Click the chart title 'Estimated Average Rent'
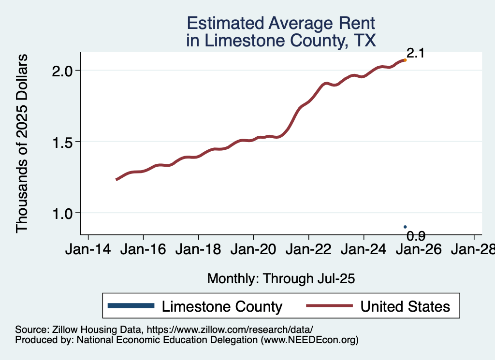281,23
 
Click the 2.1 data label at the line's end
415,53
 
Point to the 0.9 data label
416,236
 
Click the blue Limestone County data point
405,227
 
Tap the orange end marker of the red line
405,60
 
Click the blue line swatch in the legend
131,305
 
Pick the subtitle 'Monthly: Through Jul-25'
281,278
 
